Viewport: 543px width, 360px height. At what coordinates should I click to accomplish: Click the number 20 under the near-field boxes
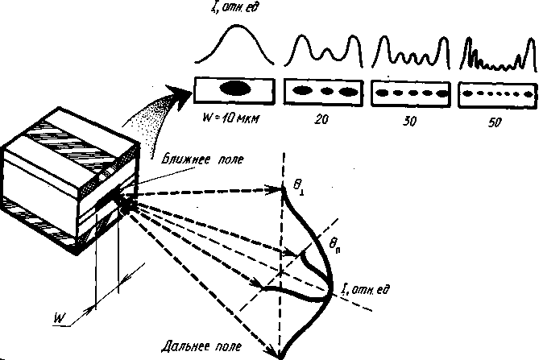(325, 119)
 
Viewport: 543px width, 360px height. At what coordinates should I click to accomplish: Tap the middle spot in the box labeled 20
(327, 91)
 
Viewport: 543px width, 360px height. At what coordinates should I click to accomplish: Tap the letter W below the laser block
(60, 319)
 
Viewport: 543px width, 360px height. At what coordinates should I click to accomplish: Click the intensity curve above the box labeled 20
(325, 52)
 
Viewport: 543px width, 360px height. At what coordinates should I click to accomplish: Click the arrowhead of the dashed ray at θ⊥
(280, 190)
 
